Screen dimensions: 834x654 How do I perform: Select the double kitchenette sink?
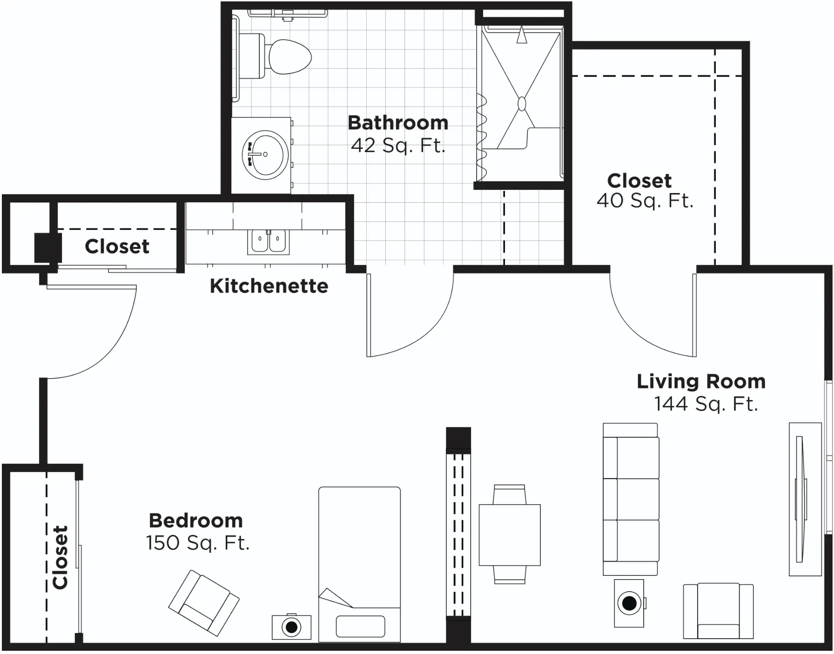(x=268, y=241)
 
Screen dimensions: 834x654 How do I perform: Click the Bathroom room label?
(x=398, y=123)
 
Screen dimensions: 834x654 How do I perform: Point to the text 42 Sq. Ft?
(x=398, y=146)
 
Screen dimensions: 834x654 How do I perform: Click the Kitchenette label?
(x=269, y=286)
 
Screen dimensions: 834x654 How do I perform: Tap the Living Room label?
(x=701, y=381)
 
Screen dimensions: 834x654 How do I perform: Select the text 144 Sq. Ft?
(x=706, y=404)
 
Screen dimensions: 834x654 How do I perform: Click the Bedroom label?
(x=196, y=521)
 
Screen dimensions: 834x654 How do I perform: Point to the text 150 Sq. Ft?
(x=198, y=543)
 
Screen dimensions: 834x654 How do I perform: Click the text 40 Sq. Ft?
(x=645, y=201)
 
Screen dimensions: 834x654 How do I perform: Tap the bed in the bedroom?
(x=359, y=564)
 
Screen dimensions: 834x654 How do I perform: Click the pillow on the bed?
(x=360, y=626)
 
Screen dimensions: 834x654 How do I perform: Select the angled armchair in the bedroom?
(x=204, y=603)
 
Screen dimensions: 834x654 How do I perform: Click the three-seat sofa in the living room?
(x=631, y=499)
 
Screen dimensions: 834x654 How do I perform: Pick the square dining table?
(x=510, y=535)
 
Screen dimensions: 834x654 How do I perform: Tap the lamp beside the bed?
(x=291, y=627)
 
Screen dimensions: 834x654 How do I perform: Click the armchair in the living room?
(x=718, y=611)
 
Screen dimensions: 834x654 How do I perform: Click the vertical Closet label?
(x=61, y=557)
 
